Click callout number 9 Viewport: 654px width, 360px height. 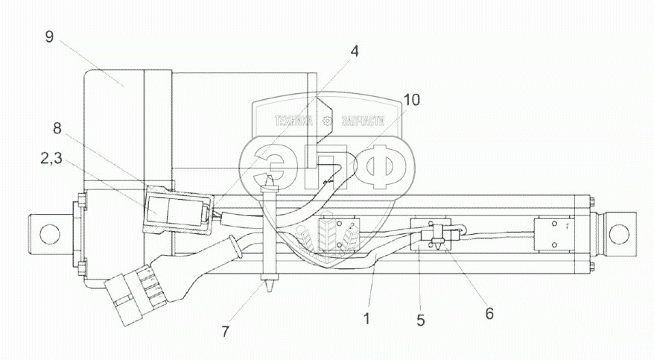(48, 37)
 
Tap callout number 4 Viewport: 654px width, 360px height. (355, 51)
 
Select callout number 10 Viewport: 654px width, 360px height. (411, 98)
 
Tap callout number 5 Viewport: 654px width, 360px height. (421, 321)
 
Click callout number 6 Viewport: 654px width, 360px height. (489, 314)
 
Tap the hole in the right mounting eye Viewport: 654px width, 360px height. (619, 230)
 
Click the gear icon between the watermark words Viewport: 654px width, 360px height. (328, 121)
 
